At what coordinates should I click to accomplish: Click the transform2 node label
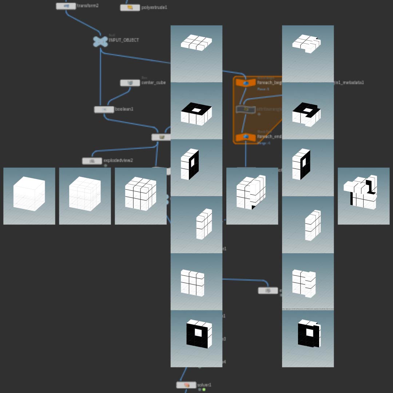click(x=88, y=6)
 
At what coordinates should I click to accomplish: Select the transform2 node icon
click(x=66, y=6)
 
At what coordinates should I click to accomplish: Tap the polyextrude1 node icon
click(x=130, y=7)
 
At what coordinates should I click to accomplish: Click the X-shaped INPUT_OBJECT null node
click(x=100, y=41)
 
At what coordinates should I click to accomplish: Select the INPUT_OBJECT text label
click(x=124, y=40)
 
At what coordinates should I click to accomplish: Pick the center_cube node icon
click(x=130, y=83)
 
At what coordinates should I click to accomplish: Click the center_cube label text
click(x=153, y=83)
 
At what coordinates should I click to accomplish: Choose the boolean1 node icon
click(x=104, y=110)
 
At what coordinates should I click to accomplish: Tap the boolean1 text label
click(x=124, y=109)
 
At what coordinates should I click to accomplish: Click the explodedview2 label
click(x=118, y=160)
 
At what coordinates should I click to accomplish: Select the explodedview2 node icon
click(x=92, y=161)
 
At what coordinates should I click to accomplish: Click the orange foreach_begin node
click(x=246, y=83)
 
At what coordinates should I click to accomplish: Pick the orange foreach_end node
click(x=246, y=137)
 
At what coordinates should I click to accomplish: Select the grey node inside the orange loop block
click(x=246, y=109)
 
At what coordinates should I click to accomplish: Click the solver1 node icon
click(x=186, y=385)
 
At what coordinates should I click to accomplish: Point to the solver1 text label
click(x=204, y=385)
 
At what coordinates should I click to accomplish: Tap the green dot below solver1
click(x=204, y=390)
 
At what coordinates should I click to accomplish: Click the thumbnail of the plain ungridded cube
click(x=29, y=196)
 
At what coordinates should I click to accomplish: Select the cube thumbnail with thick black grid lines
click(x=140, y=196)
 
